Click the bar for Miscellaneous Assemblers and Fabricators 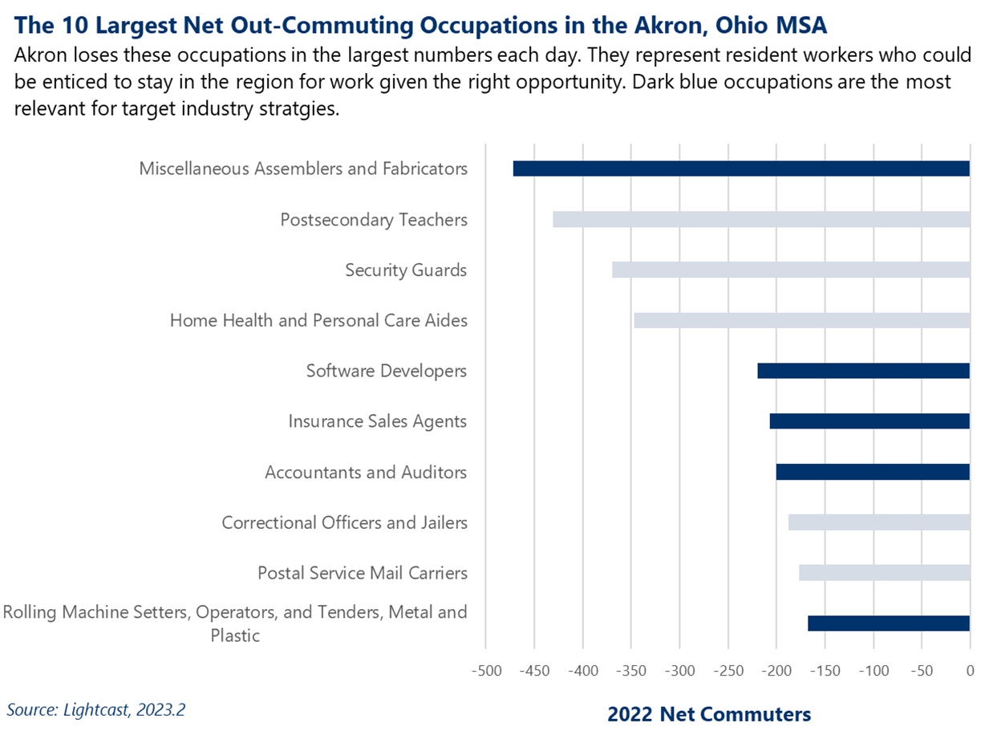pos(741,169)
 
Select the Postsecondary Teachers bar pos(761,219)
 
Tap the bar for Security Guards pos(791,270)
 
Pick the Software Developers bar pos(863,371)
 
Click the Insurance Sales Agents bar pos(869,421)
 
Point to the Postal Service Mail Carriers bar pos(884,573)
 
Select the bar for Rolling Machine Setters pos(889,623)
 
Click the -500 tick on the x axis pos(484,670)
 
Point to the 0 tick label pos(970,670)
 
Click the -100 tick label pos(873,670)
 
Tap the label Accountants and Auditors pos(366,473)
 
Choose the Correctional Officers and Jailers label pos(344,523)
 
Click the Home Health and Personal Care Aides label pos(318,321)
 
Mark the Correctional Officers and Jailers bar pos(879,522)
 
